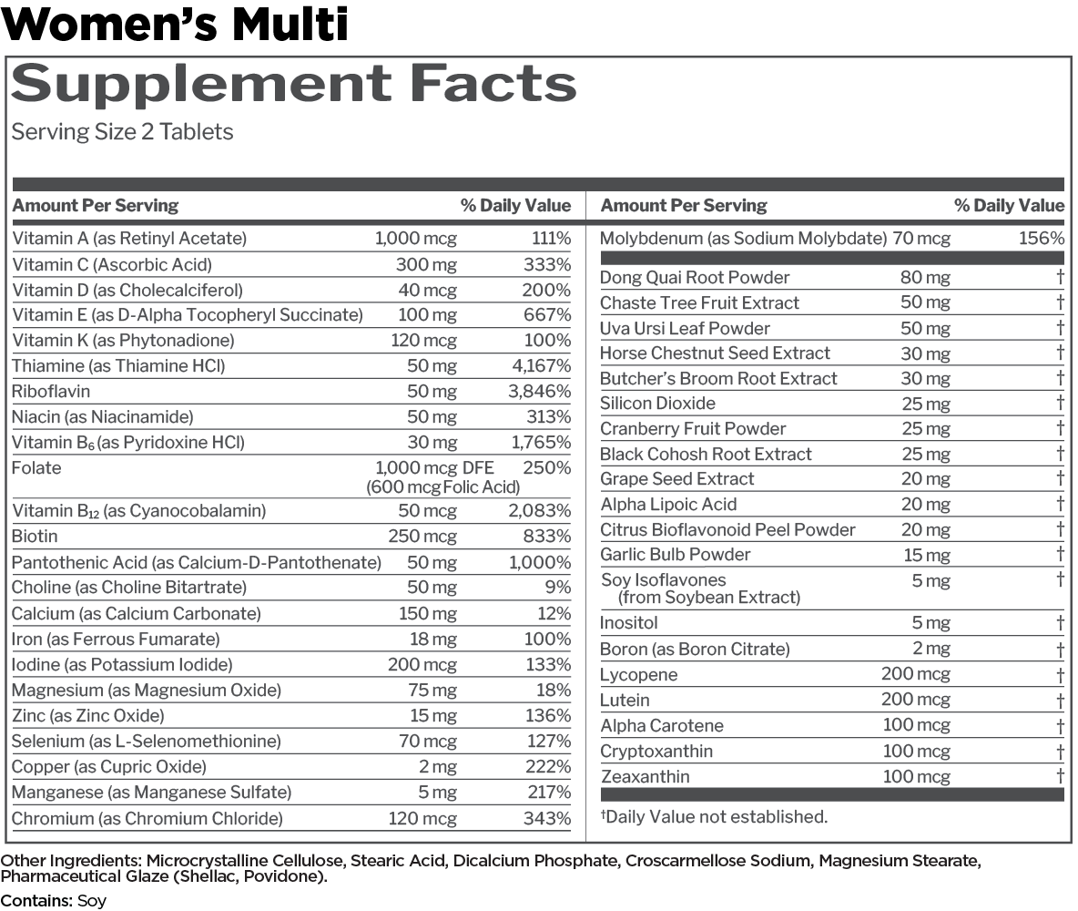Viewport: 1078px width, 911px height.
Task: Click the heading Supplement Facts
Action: coord(293,85)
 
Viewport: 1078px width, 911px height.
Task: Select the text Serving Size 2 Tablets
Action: coord(122,132)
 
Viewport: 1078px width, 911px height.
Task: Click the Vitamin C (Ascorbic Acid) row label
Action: coord(111,265)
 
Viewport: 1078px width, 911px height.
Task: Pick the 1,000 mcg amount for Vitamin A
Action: coord(416,239)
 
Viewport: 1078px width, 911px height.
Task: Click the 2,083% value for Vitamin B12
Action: coord(540,511)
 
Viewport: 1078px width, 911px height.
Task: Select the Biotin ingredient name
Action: coord(35,537)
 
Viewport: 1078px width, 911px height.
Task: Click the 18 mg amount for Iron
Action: coord(437,640)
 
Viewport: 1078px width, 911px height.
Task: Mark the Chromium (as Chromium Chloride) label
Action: coord(147,818)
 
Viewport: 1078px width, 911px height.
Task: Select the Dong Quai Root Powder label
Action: coord(695,278)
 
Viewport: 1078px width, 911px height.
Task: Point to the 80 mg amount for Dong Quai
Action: coord(925,278)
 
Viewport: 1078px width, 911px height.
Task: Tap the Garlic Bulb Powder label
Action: coord(675,555)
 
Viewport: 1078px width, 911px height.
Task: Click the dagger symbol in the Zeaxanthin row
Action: coord(1060,777)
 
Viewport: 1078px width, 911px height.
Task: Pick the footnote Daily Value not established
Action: coord(717,816)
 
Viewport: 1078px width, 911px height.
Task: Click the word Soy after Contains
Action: coord(91,901)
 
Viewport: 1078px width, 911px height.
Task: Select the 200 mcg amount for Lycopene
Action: coord(915,675)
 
